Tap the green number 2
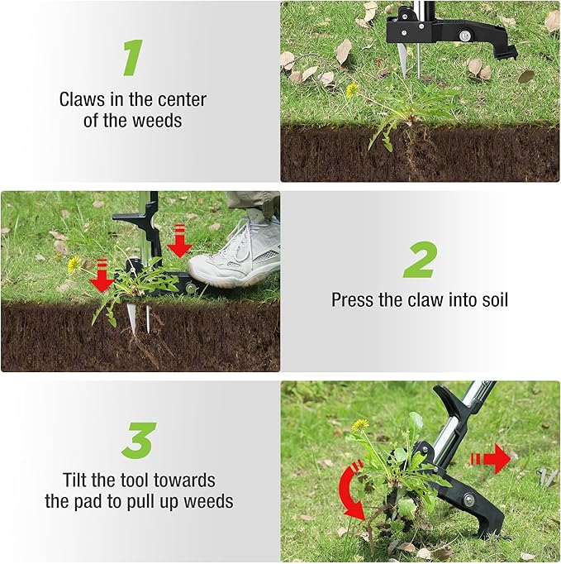tap(420, 260)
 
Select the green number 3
tap(139, 441)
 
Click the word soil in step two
tap(492, 299)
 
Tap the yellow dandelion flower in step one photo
tap(352, 88)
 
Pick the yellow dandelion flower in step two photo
tap(74, 264)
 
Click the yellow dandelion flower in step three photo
tap(359, 425)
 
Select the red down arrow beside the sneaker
tap(179, 241)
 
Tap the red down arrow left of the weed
tap(102, 275)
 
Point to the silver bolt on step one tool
tap(463, 35)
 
